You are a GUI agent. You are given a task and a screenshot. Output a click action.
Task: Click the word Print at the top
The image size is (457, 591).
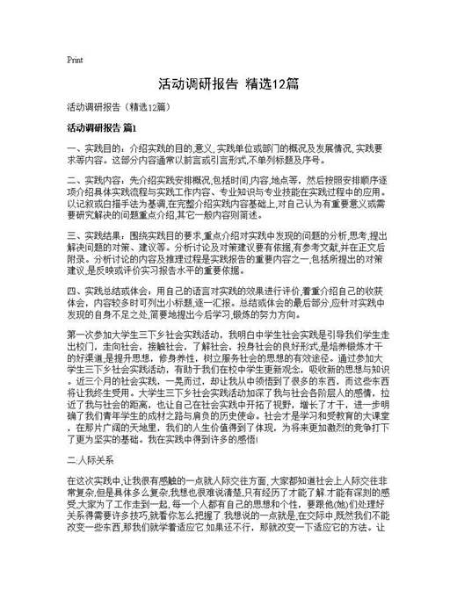pos(75,61)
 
